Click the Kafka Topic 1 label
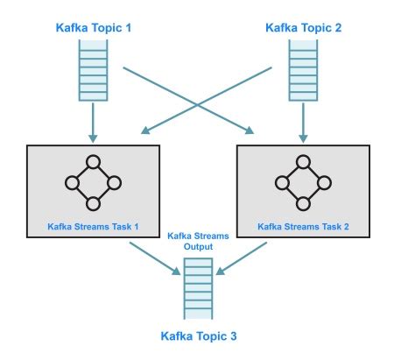coord(94,29)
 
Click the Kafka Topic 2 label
coord(303,29)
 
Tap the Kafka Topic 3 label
coord(199,336)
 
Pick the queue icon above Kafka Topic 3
coord(199,293)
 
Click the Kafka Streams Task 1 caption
coord(94,226)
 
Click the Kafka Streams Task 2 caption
coord(303,226)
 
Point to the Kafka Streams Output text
coord(199,243)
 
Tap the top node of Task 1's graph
coord(93,163)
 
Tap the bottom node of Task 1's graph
coord(93,203)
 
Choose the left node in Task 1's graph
coord(73,183)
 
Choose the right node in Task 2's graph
coord(323,183)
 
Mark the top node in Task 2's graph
coord(303,163)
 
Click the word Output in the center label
coord(199,248)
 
